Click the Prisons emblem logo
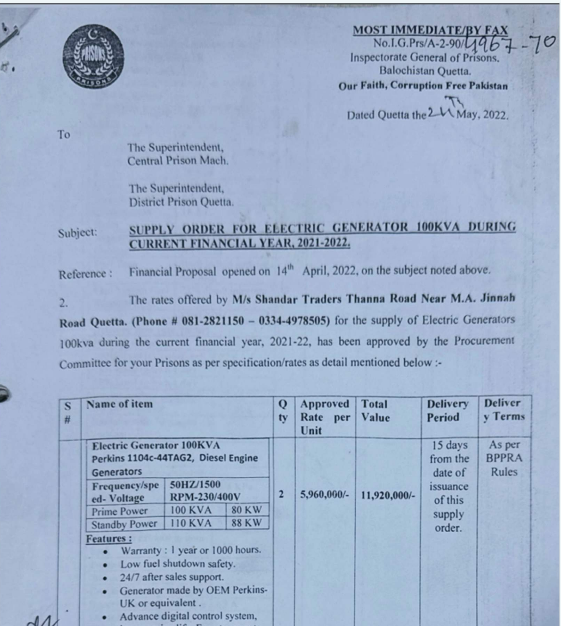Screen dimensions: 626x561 pos(93,58)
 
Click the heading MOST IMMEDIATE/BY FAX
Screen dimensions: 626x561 pos(430,30)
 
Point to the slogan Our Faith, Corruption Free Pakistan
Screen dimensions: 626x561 pos(423,86)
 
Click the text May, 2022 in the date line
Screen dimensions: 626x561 pos(483,115)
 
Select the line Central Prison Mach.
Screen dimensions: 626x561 pos(178,161)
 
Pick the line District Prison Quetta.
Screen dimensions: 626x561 pos(181,202)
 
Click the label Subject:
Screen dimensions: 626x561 pos(77,233)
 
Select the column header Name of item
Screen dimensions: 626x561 pos(119,404)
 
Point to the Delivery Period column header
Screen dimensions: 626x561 pos(447,410)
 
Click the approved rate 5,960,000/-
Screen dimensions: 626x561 pos(325,494)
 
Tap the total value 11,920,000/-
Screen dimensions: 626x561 pos(388,495)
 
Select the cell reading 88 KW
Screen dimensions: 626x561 pos(247,523)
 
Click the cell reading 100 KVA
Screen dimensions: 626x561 pos(191,511)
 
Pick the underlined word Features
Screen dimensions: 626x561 pos(108,539)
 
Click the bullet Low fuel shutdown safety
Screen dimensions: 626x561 pos(178,563)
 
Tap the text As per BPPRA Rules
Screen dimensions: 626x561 pos(504,458)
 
